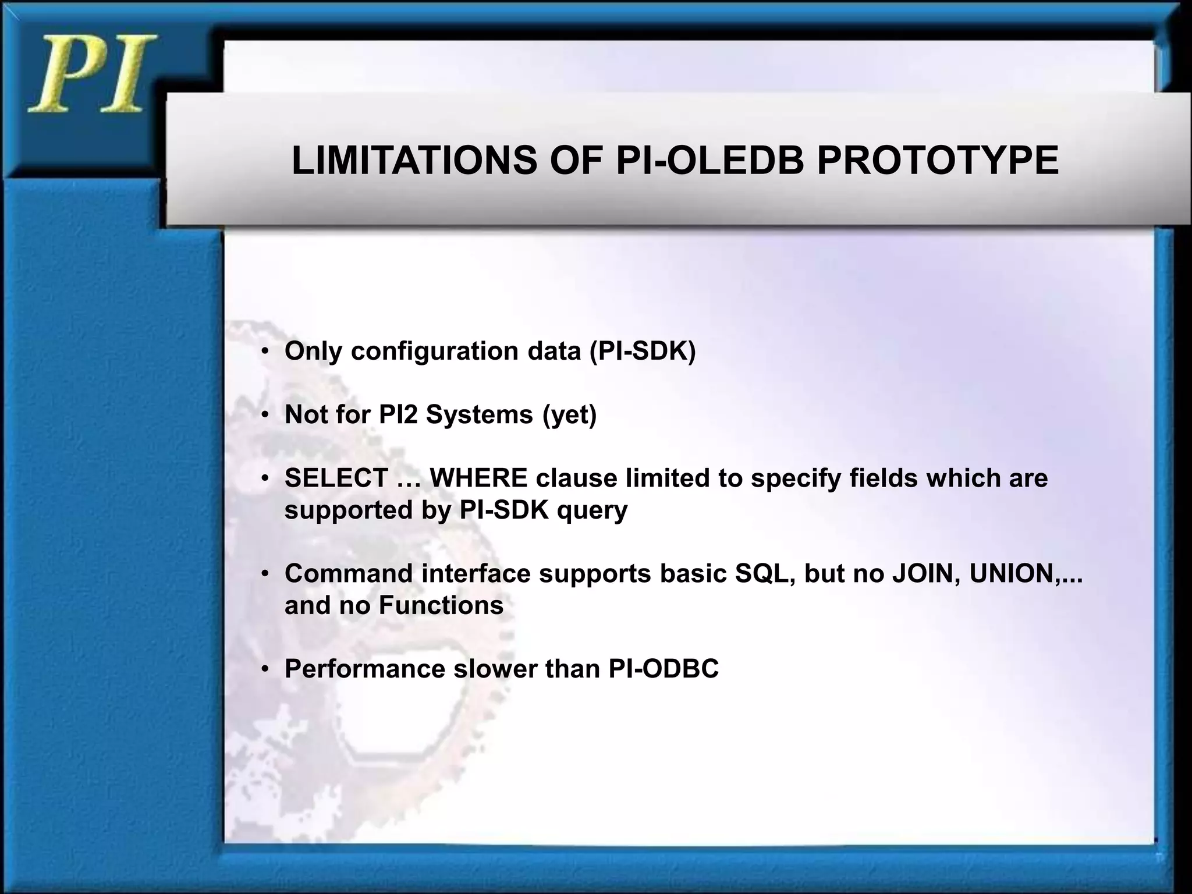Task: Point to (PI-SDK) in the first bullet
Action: pos(643,351)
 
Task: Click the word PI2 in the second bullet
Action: pos(398,414)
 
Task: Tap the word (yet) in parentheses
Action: pos(569,414)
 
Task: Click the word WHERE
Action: pos(478,478)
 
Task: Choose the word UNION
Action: pos(1011,573)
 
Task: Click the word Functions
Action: pos(441,605)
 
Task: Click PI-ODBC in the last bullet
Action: pos(664,669)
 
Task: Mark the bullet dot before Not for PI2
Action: pos(265,416)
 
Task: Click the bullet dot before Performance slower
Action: pos(265,670)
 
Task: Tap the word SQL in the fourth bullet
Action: pos(765,573)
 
